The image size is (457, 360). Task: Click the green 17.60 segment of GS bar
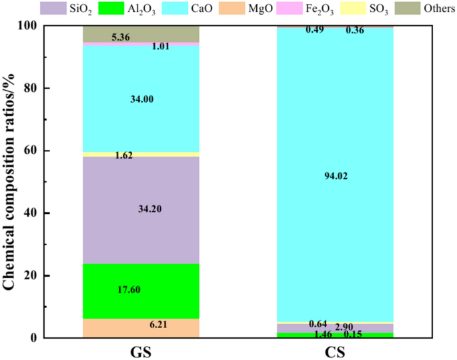pos(141,290)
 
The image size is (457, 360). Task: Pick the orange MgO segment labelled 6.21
pos(141,327)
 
